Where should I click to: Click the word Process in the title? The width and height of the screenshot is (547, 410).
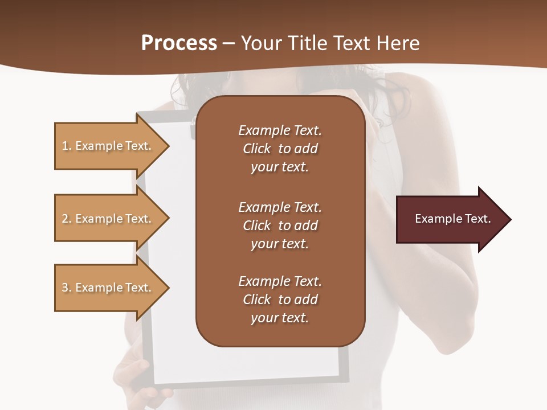click(179, 43)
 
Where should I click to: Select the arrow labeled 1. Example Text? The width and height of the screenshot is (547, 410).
click(108, 146)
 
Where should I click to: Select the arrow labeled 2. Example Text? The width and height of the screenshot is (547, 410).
click(108, 219)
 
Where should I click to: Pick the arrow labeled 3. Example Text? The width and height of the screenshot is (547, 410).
click(108, 288)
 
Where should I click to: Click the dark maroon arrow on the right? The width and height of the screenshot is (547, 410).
click(450, 219)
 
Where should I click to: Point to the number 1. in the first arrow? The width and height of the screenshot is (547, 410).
click(67, 146)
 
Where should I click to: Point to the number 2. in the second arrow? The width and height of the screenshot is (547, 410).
click(67, 219)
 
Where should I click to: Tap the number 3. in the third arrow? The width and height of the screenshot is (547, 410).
click(67, 288)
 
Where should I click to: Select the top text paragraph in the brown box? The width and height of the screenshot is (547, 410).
click(280, 149)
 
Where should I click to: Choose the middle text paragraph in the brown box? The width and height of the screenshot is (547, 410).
click(280, 225)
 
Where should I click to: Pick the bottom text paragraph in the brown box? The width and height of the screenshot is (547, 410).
click(280, 300)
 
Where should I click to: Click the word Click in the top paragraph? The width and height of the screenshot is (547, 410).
click(257, 149)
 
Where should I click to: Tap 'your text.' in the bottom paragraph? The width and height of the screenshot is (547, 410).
click(280, 318)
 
